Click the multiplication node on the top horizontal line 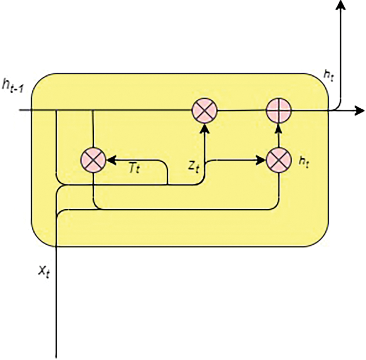tap(204, 110)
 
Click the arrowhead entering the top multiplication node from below tap(205, 128)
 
